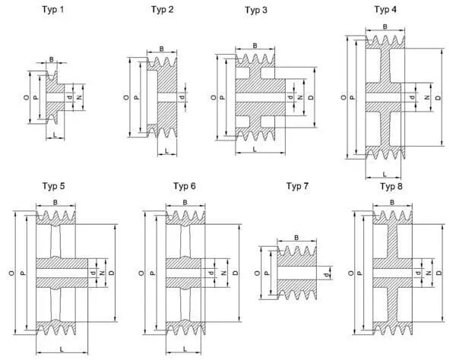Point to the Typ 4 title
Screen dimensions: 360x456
386,8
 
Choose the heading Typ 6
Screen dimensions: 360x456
185,186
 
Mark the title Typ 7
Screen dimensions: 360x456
297,186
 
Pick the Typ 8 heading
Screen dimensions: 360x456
391,186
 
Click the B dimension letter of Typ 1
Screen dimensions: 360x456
52,59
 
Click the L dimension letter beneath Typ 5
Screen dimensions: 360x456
59,349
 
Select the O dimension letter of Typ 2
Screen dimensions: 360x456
125,97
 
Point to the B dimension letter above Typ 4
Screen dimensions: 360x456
385,27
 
